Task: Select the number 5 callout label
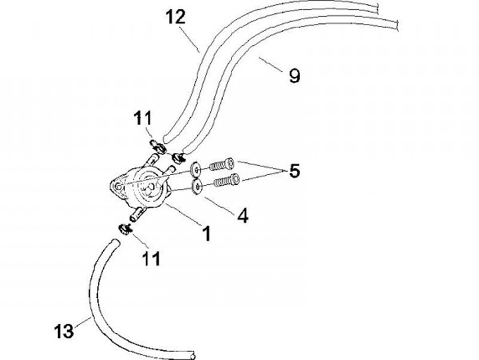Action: pyautogui.click(x=293, y=170)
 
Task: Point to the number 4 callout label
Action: pyautogui.click(x=243, y=216)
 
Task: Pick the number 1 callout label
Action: pyautogui.click(x=207, y=234)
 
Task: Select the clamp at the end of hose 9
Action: pyautogui.click(x=179, y=158)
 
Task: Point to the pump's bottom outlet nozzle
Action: pyautogui.click(x=138, y=214)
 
